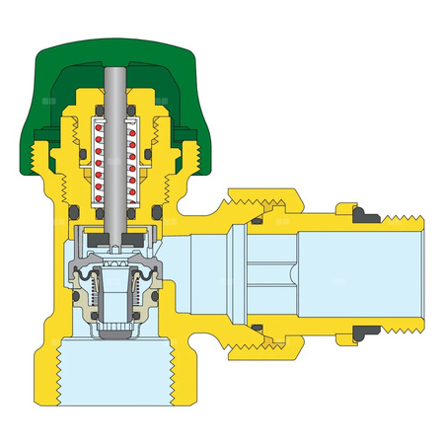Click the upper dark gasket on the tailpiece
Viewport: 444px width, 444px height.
[355, 212]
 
